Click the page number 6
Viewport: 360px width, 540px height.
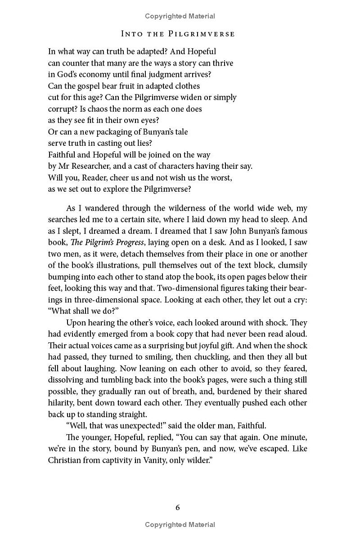(x=178, y=508)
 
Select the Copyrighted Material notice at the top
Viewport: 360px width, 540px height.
(x=180, y=16)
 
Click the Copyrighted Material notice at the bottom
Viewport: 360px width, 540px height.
(x=180, y=525)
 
